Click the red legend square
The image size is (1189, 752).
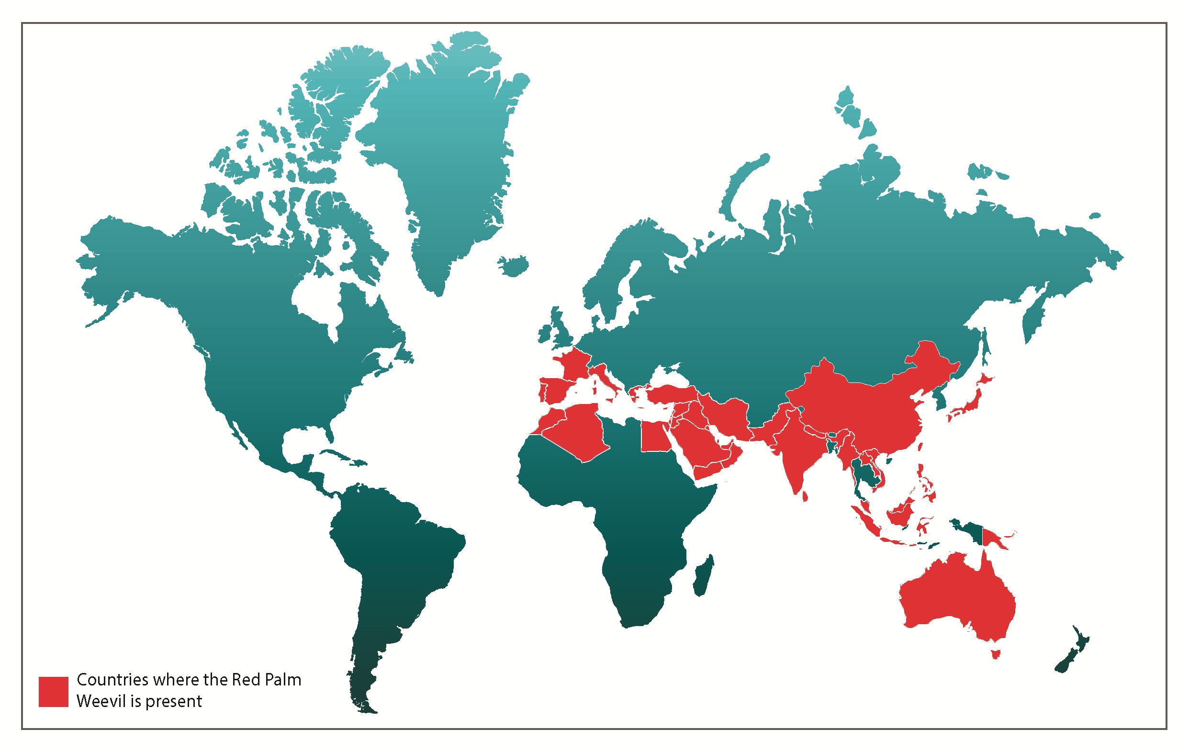[53, 692]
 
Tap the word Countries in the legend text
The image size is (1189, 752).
[112, 680]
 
